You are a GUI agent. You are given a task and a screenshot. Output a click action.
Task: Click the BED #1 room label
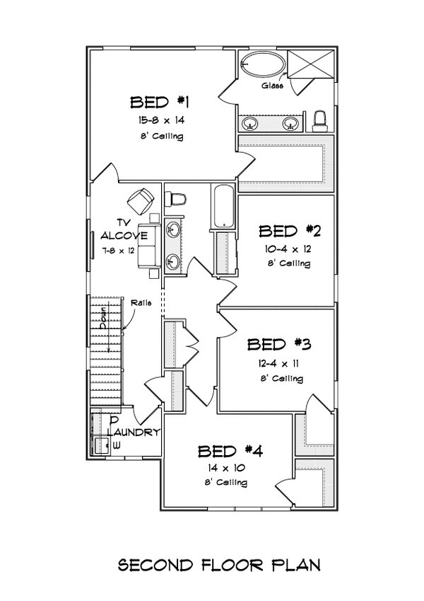pos(160,103)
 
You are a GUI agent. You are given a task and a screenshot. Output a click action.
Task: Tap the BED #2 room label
pos(289,231)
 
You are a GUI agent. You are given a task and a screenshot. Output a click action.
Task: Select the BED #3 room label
pos(278,344)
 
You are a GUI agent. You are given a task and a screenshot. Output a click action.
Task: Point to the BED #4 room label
pos(230,451)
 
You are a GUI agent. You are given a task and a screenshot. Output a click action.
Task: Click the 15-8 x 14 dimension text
pos(161,120)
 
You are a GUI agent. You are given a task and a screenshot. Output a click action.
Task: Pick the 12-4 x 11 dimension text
pos(278,363)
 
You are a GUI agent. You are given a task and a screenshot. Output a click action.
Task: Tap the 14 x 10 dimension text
pos(227,468)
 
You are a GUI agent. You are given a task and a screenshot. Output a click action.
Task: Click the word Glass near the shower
pos(273,86)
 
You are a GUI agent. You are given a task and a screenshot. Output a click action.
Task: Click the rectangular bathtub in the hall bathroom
pos(223,207)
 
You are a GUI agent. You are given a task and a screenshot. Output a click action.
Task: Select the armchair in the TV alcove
pos(141,200)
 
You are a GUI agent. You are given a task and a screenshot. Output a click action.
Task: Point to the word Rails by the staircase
pos(141,303)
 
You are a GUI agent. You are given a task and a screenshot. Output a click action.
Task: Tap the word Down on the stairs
pos(103,318)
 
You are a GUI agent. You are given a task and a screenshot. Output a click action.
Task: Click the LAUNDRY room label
pos(134,433)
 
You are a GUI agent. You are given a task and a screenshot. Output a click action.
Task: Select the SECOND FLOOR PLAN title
pos(218,565)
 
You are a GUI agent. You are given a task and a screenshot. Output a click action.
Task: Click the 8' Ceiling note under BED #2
pos(289,264)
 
